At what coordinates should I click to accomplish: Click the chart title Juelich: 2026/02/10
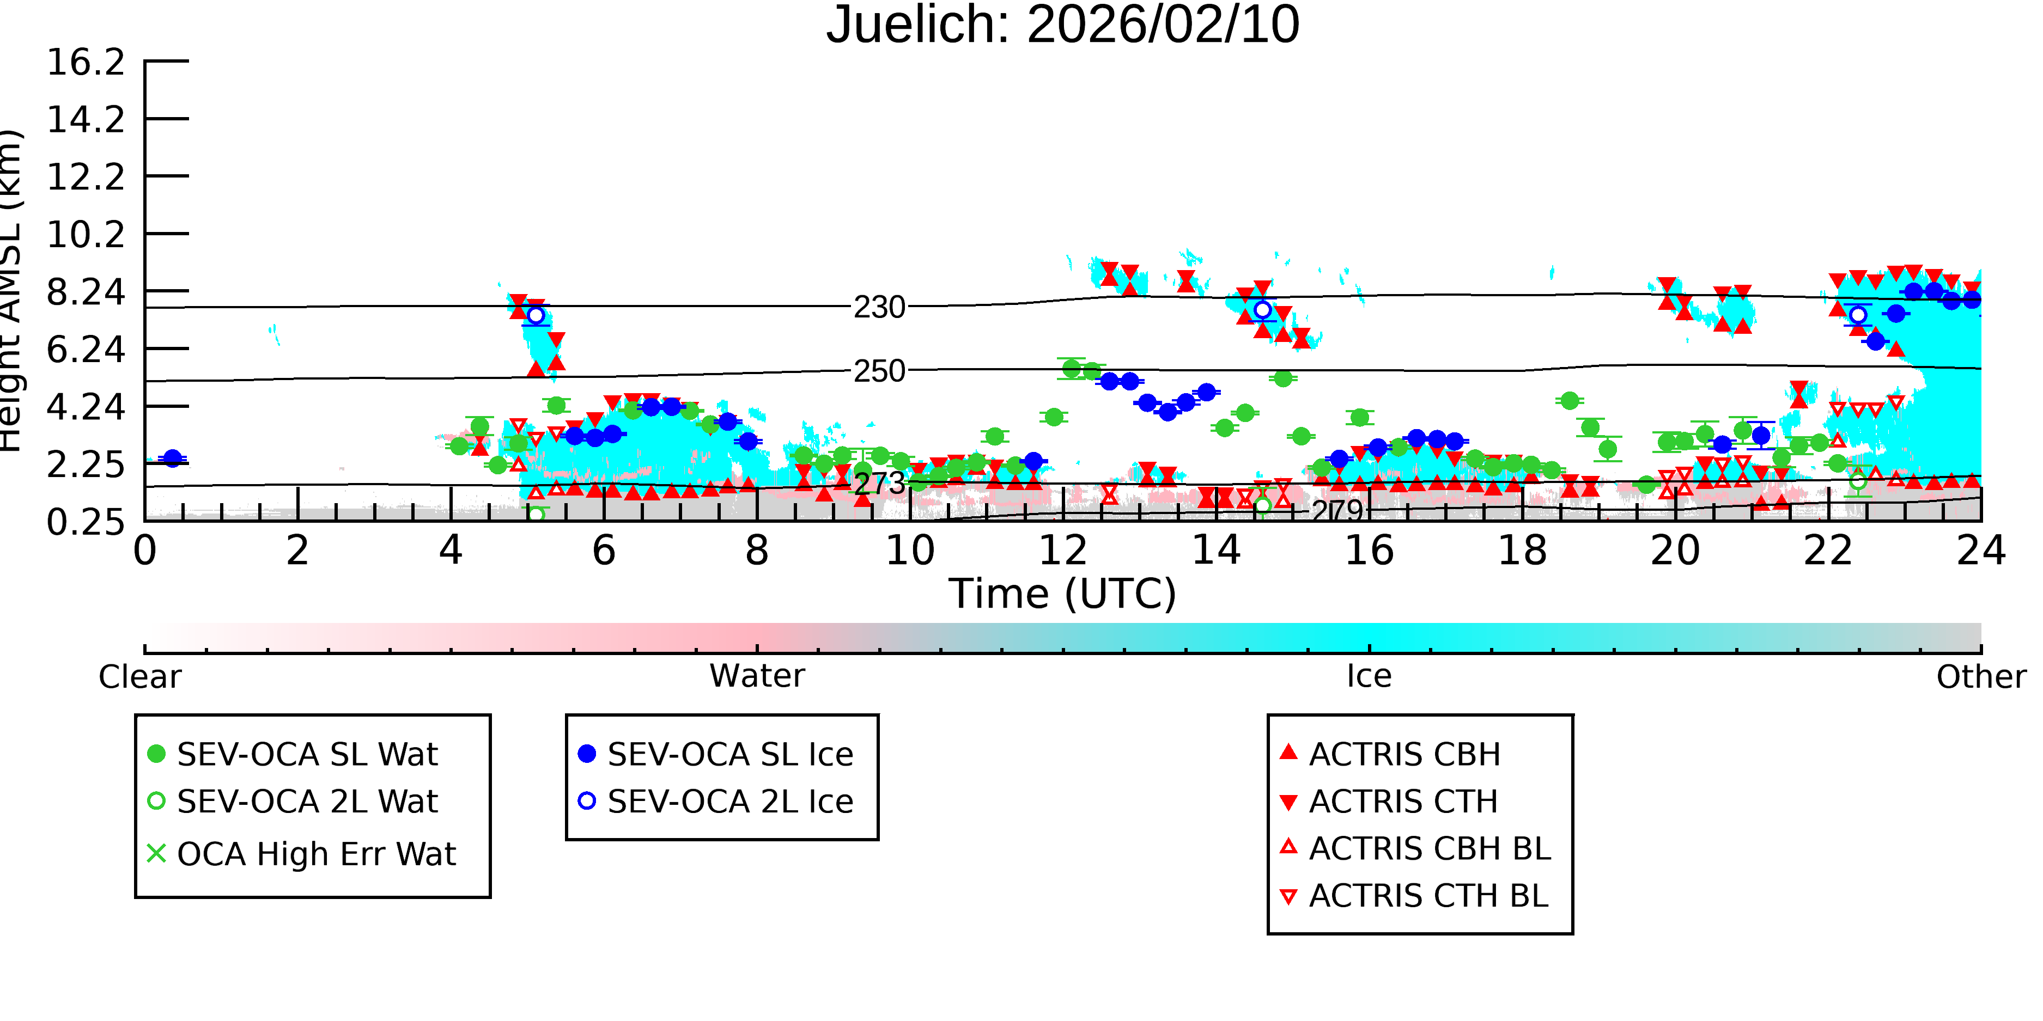tap(1063, 26)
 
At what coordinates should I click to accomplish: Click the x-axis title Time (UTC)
tap(1063, 594)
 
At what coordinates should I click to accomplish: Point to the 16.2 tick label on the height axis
tap(86, 62)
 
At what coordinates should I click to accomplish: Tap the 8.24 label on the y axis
tap(86, 292)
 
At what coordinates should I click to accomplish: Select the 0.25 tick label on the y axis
tap(86, 522)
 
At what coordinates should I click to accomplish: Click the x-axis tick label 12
tap(1063, 550)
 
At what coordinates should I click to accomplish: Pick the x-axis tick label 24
tap(1981, 550)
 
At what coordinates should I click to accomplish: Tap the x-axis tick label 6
tap(604, 550)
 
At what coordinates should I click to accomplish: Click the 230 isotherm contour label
tap(879, 307)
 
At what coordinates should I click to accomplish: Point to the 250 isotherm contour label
tap(879, 371)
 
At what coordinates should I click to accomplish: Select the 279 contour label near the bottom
tap(1337, 511)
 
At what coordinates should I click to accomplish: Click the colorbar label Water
tap(757, 676)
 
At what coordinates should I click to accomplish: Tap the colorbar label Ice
tap(1369, 676)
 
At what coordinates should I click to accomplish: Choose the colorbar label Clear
tap(139, 677)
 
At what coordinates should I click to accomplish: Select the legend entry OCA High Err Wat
tap(301, 854)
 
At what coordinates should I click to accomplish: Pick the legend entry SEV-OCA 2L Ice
tap(716, 802)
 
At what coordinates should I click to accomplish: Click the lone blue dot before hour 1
tap(172, 458)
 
